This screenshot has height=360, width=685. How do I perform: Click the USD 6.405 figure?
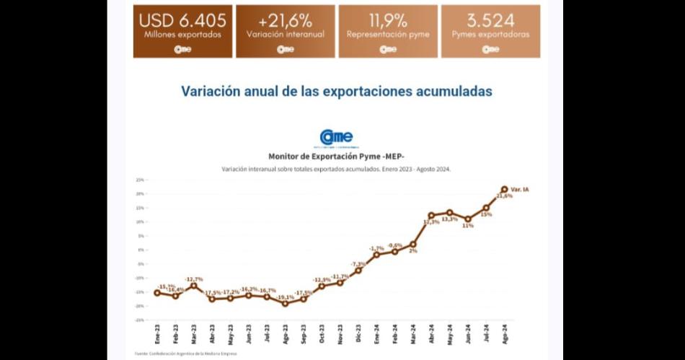tap(182, 20)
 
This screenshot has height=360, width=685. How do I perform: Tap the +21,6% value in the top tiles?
tap(285, 20)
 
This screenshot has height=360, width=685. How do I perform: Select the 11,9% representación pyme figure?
tap(388, 20)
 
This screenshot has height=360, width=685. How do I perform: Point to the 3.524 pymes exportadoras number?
tap(490, 20)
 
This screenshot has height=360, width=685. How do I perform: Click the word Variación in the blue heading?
tap(211, 92)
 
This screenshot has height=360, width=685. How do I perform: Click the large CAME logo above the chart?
tap(336, 137)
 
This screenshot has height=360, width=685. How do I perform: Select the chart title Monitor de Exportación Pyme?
tap(336, 156)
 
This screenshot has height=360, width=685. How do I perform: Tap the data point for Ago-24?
tap(504, 190)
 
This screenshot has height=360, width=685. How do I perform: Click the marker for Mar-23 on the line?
tap(193, 286)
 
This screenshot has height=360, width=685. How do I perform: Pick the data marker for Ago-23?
tap(285, 304)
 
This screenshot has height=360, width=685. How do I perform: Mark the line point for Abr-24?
tap(431, 215)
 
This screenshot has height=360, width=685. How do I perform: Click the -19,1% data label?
tap(286, 297)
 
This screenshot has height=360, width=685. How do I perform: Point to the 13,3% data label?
tap(449, 219)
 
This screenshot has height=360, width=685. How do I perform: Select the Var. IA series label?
tap(520, 189)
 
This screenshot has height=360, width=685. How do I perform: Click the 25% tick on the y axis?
tap(141, 180)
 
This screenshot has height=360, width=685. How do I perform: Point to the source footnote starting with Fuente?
tap(185, 354)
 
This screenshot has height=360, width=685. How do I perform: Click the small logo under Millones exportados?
tap(182, 49)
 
